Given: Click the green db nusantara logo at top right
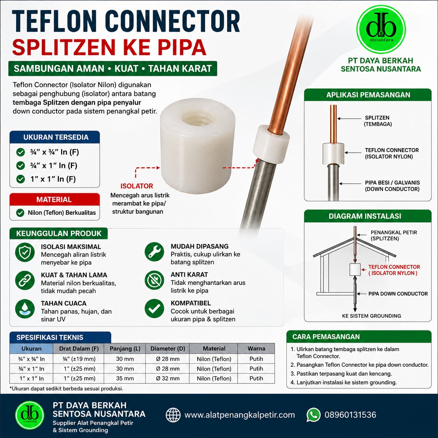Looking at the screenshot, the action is pos(381,30).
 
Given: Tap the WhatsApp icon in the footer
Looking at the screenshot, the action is pos(313,415).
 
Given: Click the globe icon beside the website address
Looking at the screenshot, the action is pos(173,415).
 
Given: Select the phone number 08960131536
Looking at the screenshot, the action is pos(350,415).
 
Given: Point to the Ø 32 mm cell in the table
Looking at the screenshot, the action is pos(168,379).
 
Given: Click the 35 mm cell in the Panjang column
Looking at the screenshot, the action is pos(125,379).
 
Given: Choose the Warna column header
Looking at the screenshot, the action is pos(256,349).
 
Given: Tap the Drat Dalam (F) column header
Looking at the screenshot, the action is pos(79,349).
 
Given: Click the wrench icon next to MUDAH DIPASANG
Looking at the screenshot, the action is pos(154,252).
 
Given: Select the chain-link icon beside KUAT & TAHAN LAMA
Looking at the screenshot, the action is pos(25,280).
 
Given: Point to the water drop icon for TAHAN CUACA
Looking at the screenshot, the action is pos(25,309).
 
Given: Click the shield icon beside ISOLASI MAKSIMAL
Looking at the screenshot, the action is pos(25,252).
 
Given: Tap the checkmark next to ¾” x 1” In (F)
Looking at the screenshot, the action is pos(21,166).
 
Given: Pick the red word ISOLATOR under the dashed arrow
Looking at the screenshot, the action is pos(137,186).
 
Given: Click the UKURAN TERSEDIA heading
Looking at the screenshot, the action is pos(56,137).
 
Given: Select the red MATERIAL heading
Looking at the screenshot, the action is pos(54,199).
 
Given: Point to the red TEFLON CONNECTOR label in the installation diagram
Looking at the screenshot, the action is pos(394,267).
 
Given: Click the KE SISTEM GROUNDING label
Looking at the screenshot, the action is pos(371,316).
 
